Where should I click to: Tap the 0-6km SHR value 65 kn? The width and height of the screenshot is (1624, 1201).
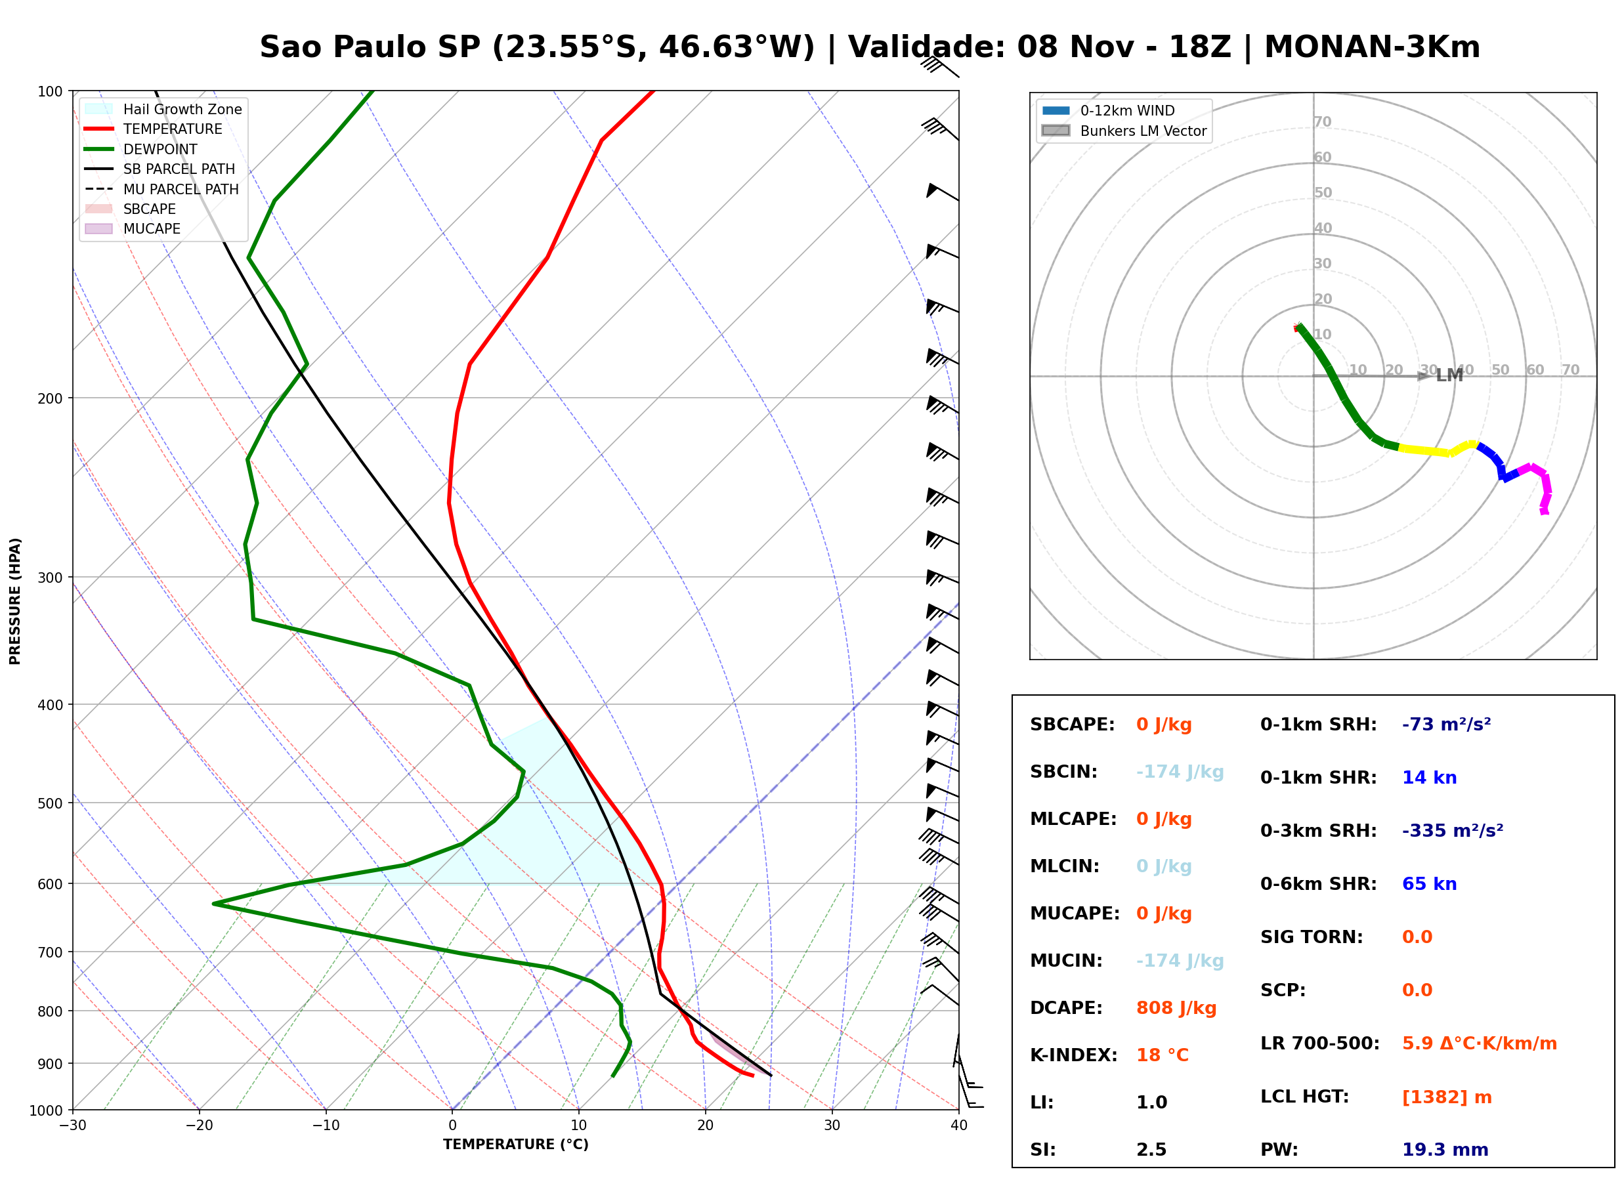pos(1429,884)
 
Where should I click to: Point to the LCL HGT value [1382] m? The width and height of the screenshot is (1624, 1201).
pos(1447,1097)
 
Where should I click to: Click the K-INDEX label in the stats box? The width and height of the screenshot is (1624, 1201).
pos(1074,1055)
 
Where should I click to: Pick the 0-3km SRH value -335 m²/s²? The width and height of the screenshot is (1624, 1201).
pos(1453,830)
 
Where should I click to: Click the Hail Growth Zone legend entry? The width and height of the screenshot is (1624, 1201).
pos(163,109)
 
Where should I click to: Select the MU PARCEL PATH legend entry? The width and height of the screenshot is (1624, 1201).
pos(161,189)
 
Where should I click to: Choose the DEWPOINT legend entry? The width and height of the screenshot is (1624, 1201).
pos(141,149)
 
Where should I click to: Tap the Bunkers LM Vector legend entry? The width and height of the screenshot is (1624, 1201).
pos(1124,131)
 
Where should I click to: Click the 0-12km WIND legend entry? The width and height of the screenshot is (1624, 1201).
pos(1108,110)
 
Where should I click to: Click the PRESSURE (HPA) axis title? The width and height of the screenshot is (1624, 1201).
pos(15,601)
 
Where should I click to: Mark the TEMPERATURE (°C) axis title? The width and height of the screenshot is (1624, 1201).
pos(516,1145)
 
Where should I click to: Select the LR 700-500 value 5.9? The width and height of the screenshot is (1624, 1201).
pos(1417,1043)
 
